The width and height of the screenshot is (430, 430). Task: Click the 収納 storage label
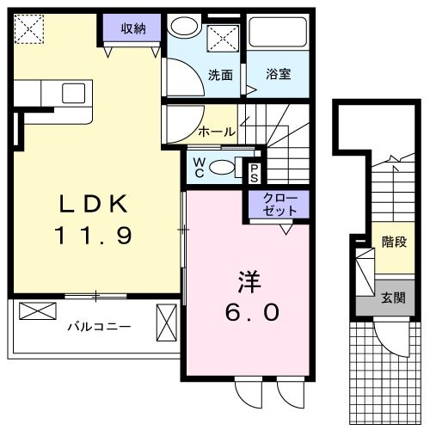coord(131,28)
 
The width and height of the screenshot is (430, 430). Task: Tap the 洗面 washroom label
coord(221,75)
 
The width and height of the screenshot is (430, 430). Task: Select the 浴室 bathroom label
coord(277,75)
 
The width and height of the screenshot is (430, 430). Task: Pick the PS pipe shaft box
coord(255,171)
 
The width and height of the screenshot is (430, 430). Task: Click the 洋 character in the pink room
coord(248,281)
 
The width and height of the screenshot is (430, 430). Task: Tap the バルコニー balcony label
coord(100,327)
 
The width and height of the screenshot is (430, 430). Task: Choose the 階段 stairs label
coord(395,243)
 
